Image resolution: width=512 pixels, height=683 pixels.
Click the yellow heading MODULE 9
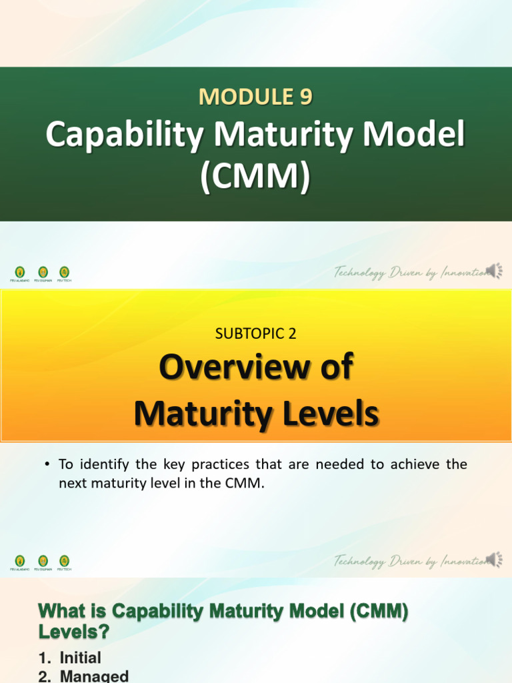click(255, 97)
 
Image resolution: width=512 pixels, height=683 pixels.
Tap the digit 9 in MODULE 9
click(305, 97)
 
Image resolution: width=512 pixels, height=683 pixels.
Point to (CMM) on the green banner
click(256, 178)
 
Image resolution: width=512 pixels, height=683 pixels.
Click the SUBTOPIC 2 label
click(256, 335)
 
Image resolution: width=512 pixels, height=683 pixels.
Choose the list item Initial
click(80, 658)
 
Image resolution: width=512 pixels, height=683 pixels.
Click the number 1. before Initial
click(47, 658)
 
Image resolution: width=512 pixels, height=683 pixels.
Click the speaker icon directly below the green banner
click(495, 270)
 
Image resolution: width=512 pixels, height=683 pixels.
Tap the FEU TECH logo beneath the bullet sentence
click(64, 562)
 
